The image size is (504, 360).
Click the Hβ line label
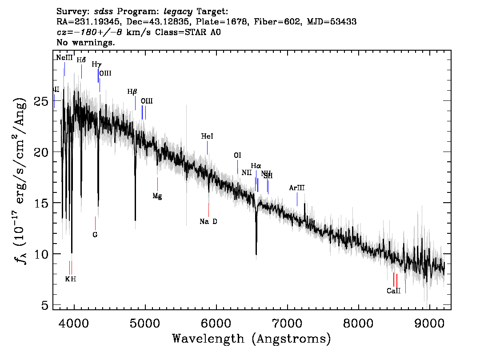(132, 92)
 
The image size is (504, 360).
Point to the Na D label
(208, 221)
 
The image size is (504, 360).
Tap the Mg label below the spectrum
(157, 196)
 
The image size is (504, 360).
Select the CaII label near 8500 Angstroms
(394, 291)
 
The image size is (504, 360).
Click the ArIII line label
(297, 188)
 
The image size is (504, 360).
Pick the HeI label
(207, 137)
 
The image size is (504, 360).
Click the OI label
(237, 156)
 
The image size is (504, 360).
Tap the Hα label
(256, 166)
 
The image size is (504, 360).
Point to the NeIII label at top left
(64, 58)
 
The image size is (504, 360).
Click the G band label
(95, 235)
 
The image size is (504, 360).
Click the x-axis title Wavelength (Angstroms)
(252, 339)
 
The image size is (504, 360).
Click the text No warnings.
(86, 43)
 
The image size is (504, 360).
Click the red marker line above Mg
(157, 184)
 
